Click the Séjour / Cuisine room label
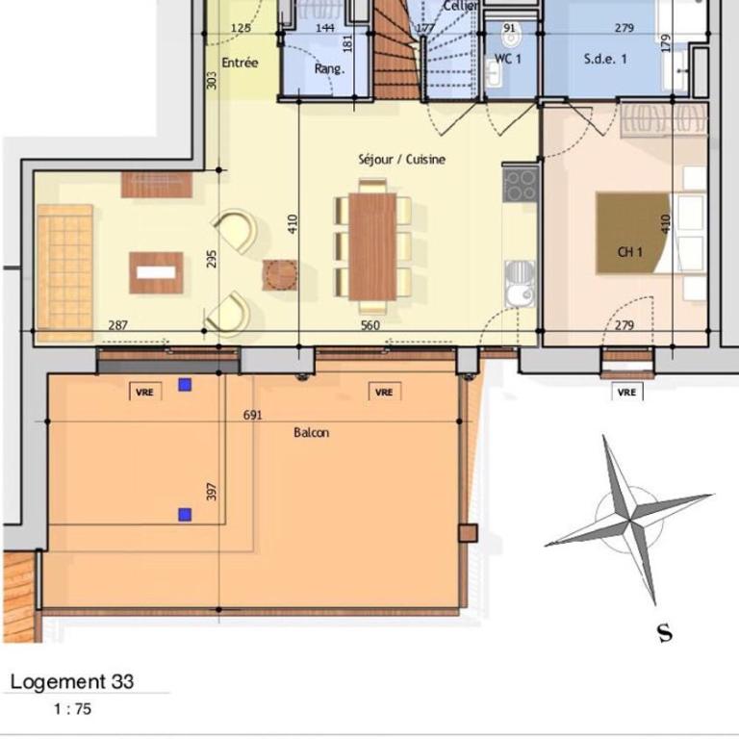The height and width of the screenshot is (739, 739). pyautogui.click(x=401, y=160)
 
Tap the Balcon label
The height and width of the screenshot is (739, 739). pyautogui.click(x=311, y=432)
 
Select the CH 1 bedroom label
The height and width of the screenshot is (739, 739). pyautogui.click(x=630, y=252)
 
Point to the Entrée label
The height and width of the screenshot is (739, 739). pyautogui.click(x=240, y=63)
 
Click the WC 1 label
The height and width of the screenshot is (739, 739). pyautogui.click(x=508, y=59)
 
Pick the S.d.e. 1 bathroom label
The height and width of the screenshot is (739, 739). pyautogui.click(x=605, y=59)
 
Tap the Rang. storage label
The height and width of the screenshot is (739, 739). pyautogui.click(x=329, y=69)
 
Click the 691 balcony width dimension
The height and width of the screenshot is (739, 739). pyautogui.click(x=253, y=416)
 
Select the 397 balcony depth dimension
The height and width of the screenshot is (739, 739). pyautogui.click(x=212, y=492)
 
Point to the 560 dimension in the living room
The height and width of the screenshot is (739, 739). pyautogui.click(x=369, y=325)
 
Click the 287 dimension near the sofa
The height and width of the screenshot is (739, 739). pyautogui.click(x=117, y=325)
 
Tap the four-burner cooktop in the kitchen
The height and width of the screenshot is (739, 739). pyautogui.click(x=521, y=184)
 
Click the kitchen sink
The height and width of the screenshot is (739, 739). pyautogui.click(x=521, y=284)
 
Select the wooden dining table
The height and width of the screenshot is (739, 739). pyautogui.click(x=372, y=246)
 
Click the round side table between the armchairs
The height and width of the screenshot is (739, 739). pyautogui.click(x=280, y=274)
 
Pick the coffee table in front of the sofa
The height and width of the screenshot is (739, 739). pyautogui.click(x=156, y=272)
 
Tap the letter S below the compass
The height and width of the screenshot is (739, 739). pyautogui.click(x=665, y=633)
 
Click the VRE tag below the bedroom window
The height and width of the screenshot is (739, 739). pyautogui.click(x=626, y=393)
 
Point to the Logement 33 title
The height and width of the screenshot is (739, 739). pyautogui.click(x=72, y=681)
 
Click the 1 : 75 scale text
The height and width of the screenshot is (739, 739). pyautogui.click(x=72, y=709)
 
